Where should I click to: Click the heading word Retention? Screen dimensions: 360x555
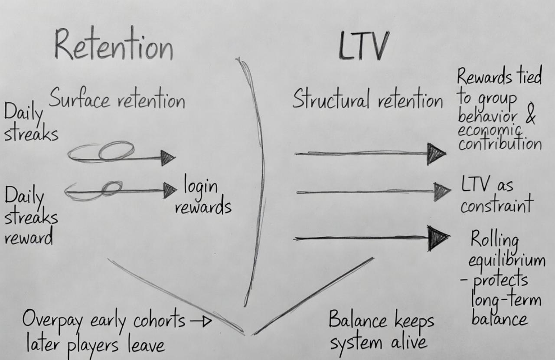tap(114, 45)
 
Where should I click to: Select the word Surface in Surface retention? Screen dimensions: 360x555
tap(79, 99)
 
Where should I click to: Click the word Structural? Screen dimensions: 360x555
tap(331, 99)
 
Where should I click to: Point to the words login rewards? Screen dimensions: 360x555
tap(202, 197)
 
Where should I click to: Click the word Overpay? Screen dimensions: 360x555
tap(53, 321)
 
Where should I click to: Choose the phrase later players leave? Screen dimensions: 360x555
tap(95, 345)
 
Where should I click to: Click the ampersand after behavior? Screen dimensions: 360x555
tap(530, 117)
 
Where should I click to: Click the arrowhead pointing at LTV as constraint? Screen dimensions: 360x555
tap(442, 191)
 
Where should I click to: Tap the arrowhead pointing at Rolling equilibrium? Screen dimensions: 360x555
tap(438, 238)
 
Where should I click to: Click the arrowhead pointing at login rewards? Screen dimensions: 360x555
tap(170, 190)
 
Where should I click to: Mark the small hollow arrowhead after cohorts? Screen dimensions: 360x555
tap(207, 321)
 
